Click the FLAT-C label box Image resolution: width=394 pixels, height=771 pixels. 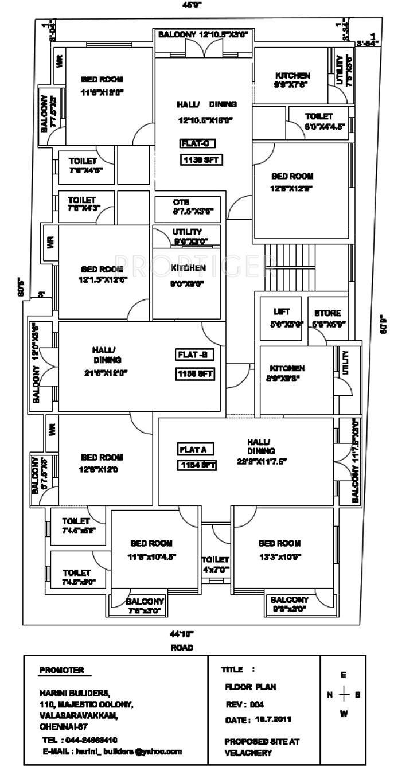(197, 143)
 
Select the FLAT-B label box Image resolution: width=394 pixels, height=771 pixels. (194, 355)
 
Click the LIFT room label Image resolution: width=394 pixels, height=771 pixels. (282, 312)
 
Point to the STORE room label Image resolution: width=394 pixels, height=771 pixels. (327, 313)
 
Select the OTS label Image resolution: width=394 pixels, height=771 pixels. (181, 202)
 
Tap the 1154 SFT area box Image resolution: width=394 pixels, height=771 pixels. (196, 465)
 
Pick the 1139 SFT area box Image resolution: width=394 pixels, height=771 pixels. (201, 160)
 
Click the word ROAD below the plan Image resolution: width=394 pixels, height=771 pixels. (181, 647)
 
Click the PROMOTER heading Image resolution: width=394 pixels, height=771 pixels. (61, 670)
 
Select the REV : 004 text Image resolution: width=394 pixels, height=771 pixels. (244, 704)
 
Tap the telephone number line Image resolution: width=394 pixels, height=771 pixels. (80, 739)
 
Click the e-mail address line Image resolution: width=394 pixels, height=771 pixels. (112, 751)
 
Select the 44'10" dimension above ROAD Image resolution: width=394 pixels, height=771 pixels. (181, 634)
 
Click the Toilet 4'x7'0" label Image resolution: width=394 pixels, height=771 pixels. (215, 564)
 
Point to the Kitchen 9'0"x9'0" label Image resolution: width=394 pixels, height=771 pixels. (187, 275)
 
